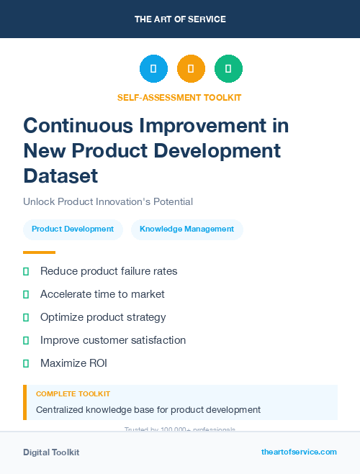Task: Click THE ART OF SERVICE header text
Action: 180,19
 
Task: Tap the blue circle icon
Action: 153,69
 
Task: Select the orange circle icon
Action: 191,69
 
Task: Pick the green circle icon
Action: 228,69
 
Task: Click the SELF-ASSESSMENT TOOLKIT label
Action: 179,97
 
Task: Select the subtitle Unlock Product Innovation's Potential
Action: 108,202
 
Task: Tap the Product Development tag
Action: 73,229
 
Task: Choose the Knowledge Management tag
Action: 186,229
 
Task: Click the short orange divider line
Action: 39,252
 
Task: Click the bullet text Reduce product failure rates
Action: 109,271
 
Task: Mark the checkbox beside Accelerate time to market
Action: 26,294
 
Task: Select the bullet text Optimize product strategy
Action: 103,317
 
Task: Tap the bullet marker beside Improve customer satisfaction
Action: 26,340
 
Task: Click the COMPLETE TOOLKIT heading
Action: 73,394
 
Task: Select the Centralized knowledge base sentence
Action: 148,410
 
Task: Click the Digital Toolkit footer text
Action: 51,452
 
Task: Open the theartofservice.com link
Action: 299,452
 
